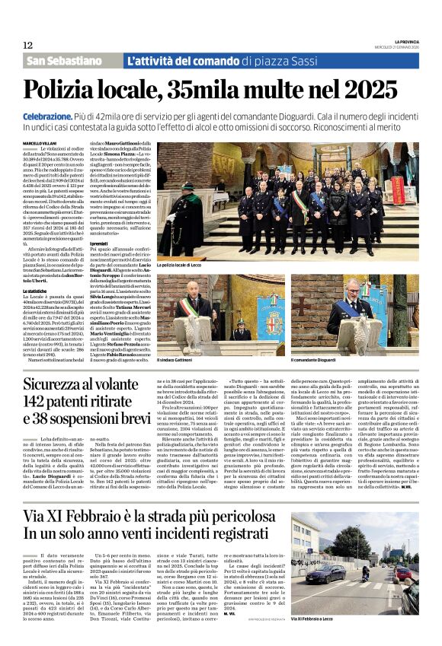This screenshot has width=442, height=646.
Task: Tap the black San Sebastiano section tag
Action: (69, 61)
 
